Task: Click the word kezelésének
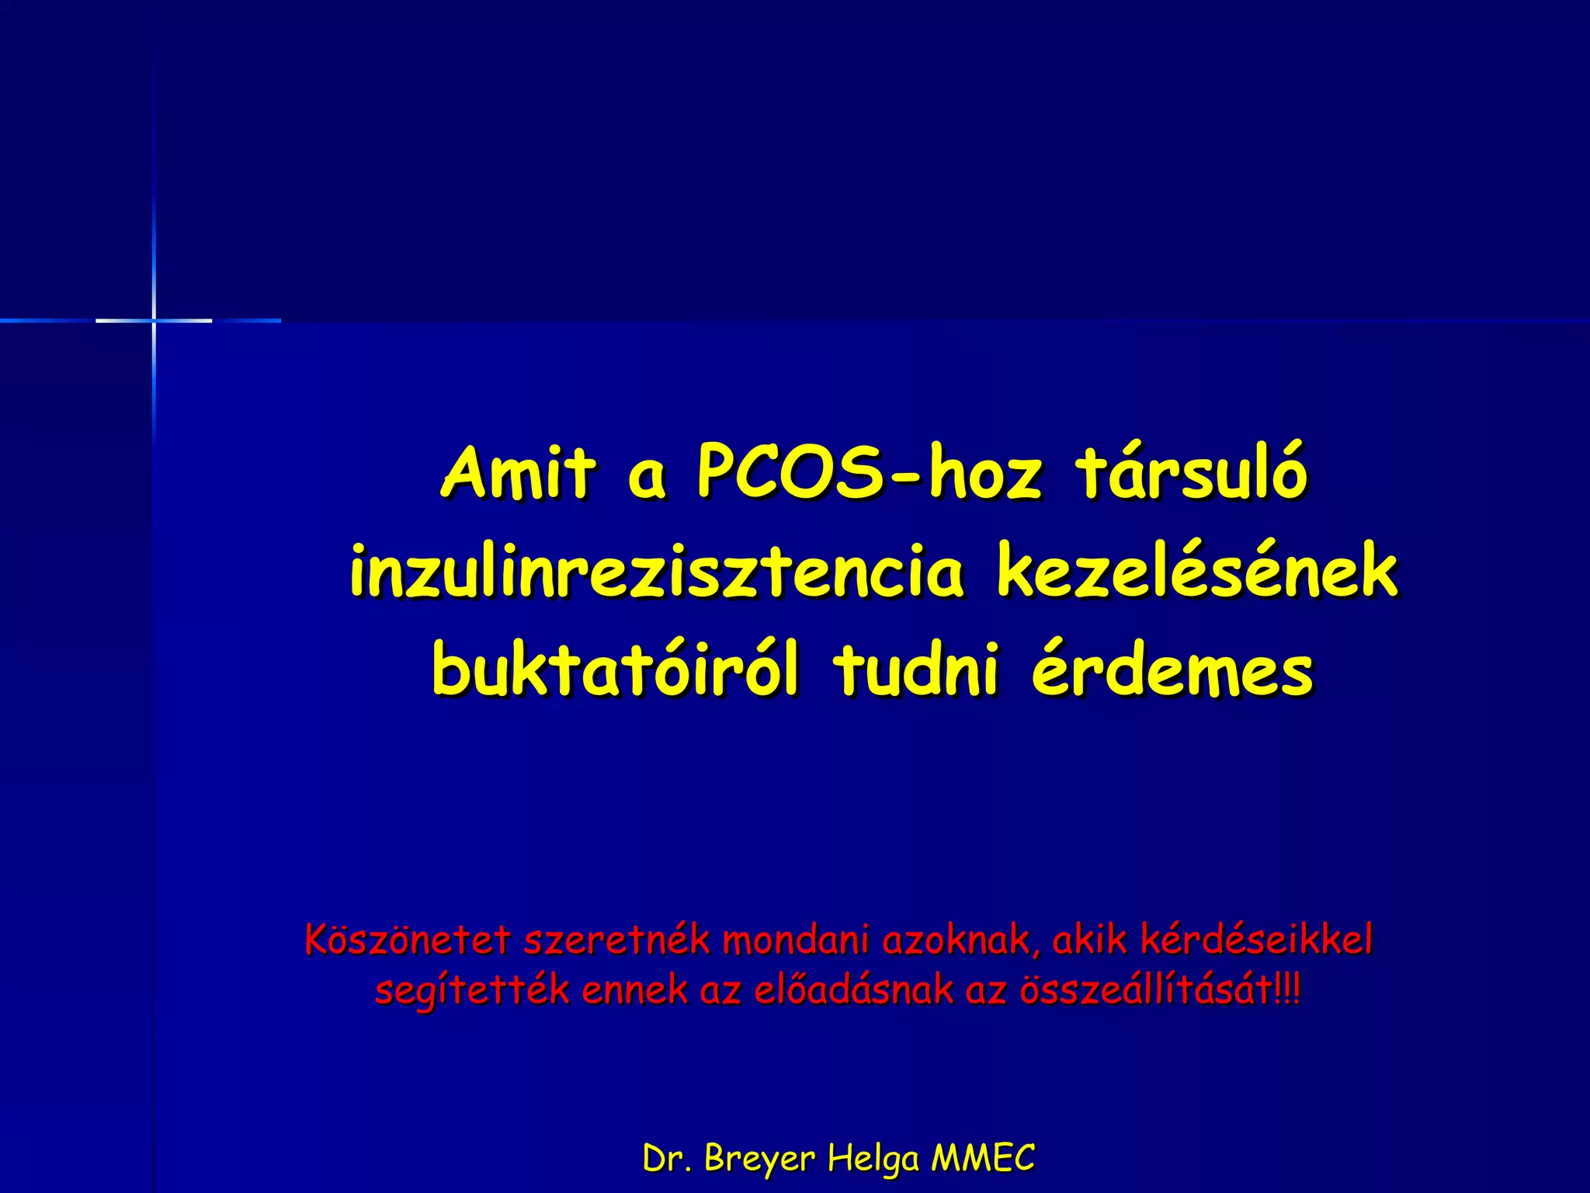1197,572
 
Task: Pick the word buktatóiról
615,670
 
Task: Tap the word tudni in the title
916,670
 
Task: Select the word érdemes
1172,670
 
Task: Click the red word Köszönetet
408,940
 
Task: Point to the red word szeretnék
617,940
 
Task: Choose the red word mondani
796,940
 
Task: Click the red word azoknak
960,940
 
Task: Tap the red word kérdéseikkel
1256,940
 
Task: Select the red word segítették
472,990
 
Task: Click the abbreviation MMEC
983,1159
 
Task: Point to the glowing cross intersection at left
154,320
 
